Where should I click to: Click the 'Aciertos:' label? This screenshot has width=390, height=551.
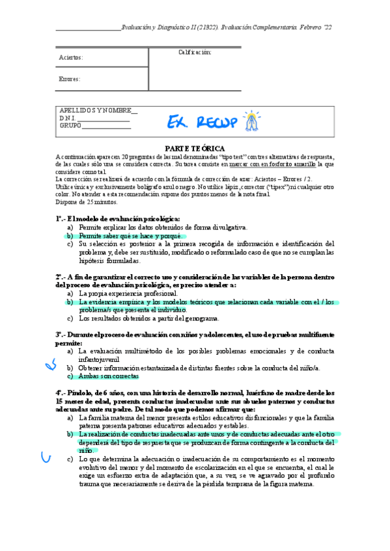71,57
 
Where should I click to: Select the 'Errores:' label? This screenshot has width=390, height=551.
70,79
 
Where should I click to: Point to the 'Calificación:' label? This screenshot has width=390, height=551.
194,53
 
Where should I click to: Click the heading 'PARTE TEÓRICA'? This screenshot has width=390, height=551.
195,148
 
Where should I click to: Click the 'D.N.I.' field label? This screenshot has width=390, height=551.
68,118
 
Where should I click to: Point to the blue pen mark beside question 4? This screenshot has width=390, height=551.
46,459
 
